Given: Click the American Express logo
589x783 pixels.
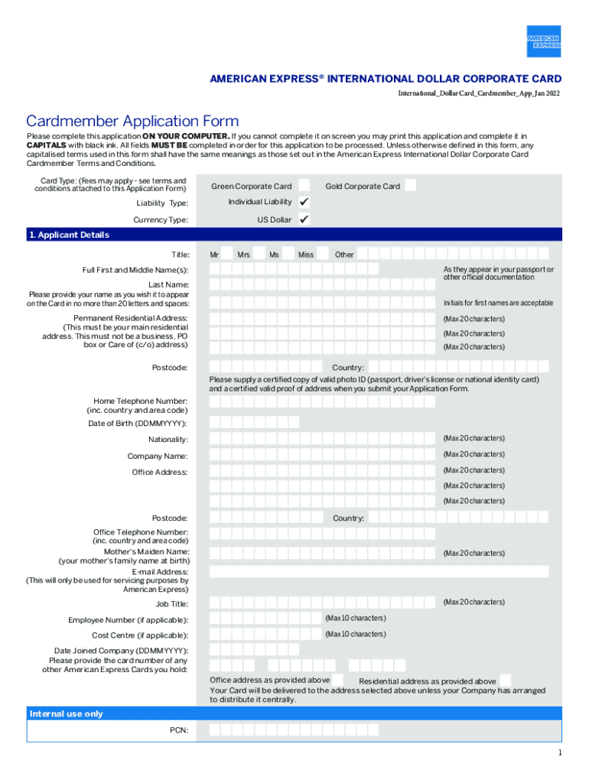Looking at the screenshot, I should (543, 41).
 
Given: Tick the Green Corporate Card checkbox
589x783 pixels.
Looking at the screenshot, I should (304, 186).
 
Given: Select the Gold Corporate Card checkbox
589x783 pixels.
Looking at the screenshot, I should (411, 185).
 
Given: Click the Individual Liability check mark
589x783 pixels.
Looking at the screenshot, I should (304, 202).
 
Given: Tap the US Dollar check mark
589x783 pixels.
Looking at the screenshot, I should (304, 219).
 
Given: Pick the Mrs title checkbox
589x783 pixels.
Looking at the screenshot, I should (259, 254).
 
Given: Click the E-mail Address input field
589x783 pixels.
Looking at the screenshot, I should (379, 572).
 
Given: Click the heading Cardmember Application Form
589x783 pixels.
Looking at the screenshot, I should (132, 122).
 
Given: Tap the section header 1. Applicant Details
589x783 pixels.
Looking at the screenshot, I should (69, 235).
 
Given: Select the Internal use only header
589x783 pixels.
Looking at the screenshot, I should (66, 713).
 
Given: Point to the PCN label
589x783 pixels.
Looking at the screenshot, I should (179, 730).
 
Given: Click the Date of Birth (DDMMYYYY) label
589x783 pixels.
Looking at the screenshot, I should (138, 423).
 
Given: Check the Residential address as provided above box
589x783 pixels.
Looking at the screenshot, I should (506, 680).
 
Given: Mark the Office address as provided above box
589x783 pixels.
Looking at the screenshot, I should (340, 680).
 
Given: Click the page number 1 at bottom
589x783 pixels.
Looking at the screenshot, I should (560, 753).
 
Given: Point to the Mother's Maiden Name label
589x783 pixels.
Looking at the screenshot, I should (147, 551).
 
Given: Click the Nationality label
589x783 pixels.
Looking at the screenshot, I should (168, 440).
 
